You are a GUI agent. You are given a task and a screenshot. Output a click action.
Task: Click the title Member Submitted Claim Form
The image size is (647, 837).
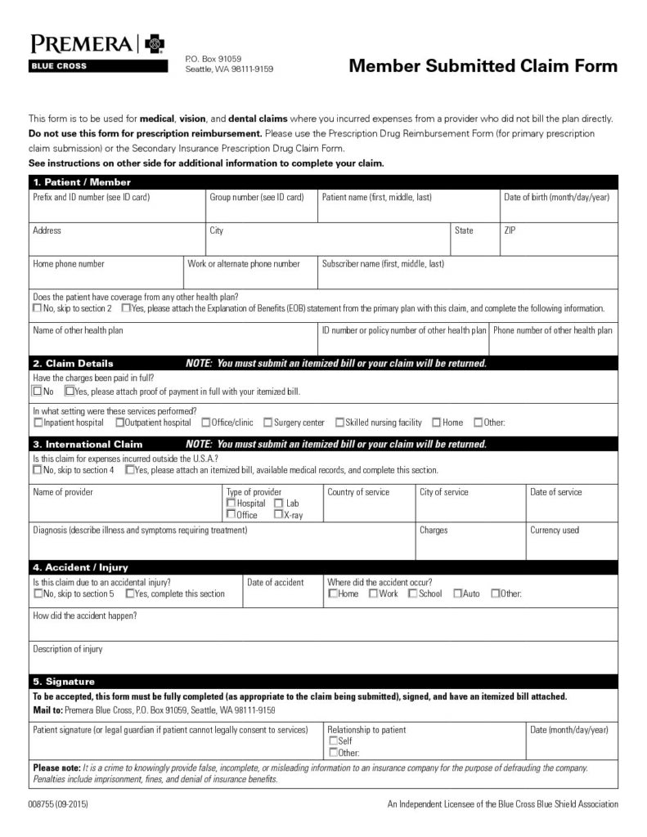483,66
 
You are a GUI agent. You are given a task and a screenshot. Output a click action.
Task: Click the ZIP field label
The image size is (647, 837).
510,231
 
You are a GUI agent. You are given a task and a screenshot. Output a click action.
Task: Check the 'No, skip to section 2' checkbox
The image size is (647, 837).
38,309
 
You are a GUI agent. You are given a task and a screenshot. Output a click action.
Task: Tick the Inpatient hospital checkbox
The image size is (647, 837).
38,423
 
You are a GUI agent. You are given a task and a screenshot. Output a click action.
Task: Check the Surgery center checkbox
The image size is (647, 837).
267,423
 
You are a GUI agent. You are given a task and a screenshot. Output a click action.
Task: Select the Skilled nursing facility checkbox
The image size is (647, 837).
339,423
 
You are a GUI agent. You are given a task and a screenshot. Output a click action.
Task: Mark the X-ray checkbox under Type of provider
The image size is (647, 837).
279,515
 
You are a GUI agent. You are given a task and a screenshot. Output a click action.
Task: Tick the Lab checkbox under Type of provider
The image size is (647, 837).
279,504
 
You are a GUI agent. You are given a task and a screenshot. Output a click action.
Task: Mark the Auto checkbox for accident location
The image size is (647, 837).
457,593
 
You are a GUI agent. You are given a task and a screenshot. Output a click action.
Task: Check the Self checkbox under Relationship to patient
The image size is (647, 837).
333,741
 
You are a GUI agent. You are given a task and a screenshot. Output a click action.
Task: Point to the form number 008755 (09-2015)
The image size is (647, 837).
58,805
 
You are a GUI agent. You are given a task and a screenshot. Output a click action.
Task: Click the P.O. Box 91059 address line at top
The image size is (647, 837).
213,59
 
